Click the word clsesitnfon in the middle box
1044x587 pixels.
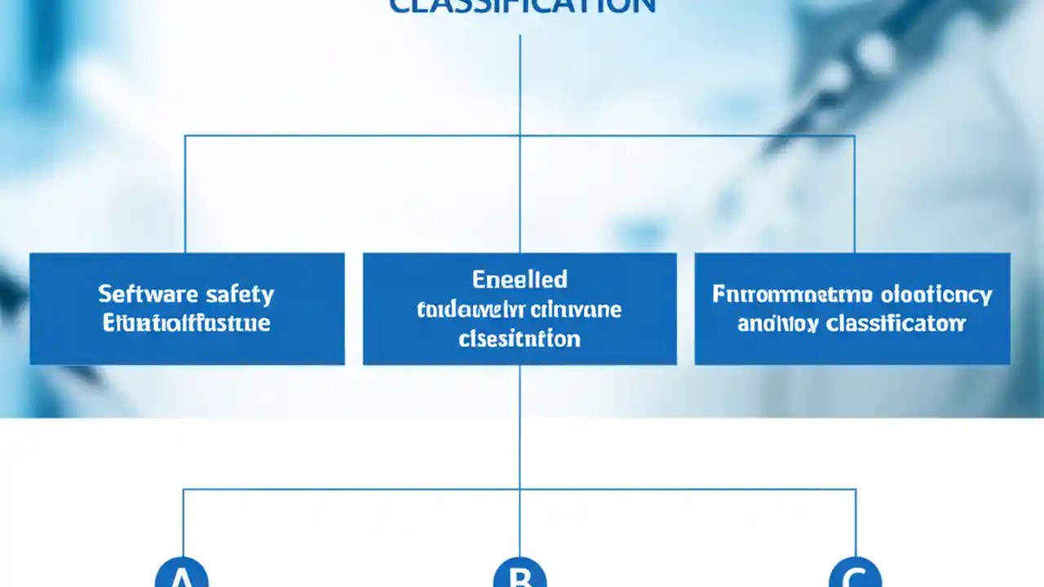click(x=520, y=338)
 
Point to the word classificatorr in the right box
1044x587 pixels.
click(x=896, y=324)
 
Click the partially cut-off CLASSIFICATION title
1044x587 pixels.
click(x=522, y=7)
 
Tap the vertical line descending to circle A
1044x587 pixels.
click(x=183, y=522)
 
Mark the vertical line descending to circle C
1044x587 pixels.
click(x=856, y=522)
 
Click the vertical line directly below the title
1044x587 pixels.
click(x=520, y=82)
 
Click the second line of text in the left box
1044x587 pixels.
click(x=187, y=324)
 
